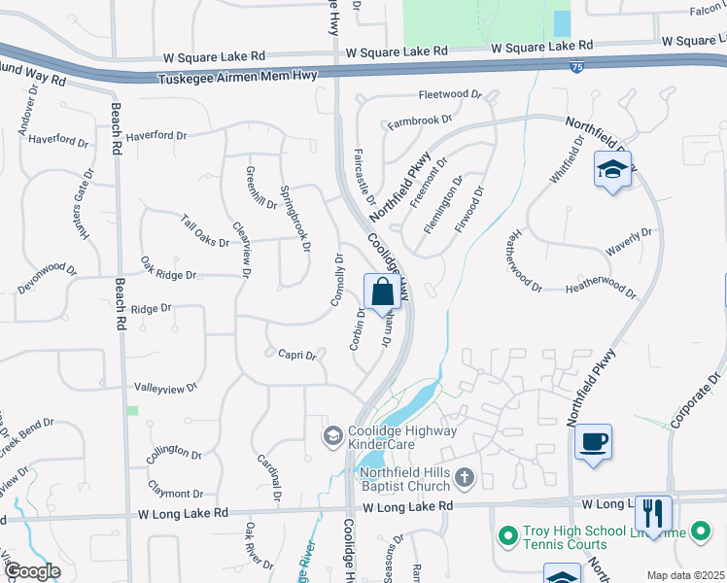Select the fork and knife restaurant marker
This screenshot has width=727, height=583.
point(653,513)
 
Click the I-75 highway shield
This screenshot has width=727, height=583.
point(577,67)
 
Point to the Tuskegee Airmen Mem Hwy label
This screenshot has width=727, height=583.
point(239,75)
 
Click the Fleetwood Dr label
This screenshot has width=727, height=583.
point(450,95)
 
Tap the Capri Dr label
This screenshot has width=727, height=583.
point(297,356)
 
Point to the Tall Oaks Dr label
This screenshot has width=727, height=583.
point(204,229)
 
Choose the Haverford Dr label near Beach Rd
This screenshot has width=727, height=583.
point(156,136)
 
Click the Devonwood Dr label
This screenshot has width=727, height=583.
point(48,267)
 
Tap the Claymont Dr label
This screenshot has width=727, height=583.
point(175,494)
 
